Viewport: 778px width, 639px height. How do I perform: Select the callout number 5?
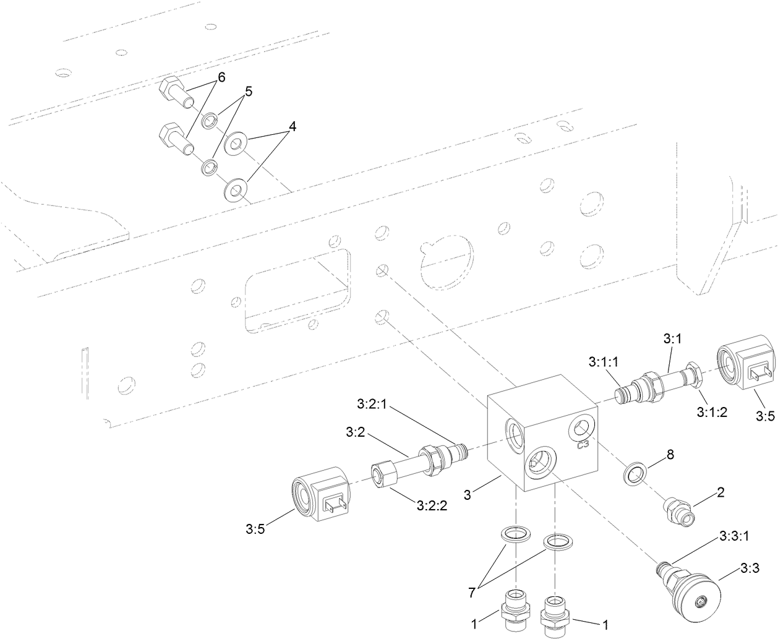pos(248,92)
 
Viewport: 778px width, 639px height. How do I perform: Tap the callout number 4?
pos(292,127)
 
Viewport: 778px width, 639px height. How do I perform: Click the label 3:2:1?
pos(372,403)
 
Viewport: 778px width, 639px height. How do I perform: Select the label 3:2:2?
pos(430,505)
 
